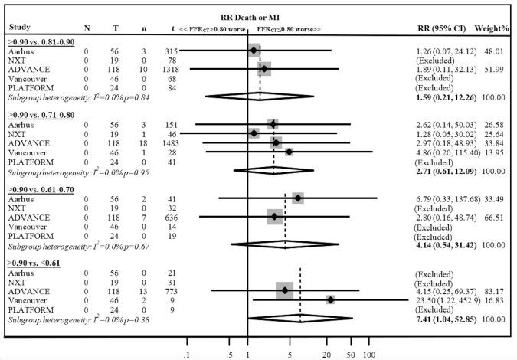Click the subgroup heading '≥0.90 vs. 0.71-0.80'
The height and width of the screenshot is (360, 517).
pos(42,112)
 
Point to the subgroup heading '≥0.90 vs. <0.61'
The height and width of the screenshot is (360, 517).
pos(38,263)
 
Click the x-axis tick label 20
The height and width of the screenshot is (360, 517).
pos(327,355)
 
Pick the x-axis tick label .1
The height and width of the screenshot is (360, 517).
pos(187,355)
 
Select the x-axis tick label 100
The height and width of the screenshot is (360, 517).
pos(368,355)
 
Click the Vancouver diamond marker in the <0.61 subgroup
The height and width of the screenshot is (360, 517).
pos(331,299)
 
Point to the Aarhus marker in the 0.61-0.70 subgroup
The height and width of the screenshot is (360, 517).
pos(297,198)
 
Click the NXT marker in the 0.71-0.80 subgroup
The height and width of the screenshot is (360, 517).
pos(254,133)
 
